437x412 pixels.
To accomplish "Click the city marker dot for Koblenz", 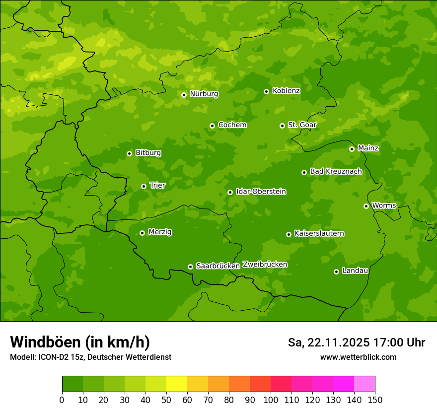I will coord(267,91).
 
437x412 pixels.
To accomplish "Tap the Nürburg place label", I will coord(204,94).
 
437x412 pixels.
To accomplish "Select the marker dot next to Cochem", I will coord(213,126).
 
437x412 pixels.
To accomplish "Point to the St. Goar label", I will coord(302,125).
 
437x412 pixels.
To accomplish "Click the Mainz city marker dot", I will coord(352,149).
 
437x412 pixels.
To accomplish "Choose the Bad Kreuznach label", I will coord(336,171).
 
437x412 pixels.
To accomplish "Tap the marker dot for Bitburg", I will coord(130,153).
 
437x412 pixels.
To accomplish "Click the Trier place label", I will coord(157,185).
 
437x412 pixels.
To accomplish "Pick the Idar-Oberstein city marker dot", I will coord(230,192).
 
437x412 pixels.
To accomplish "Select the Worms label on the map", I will coord(384,205).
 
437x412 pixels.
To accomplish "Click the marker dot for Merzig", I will coord(143,233).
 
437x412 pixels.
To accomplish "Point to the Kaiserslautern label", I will coord(319,233).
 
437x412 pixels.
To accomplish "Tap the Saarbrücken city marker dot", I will coord(191,267).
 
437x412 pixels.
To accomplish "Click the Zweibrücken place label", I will coord(265,265).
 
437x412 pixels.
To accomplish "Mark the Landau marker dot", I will coord(337,272).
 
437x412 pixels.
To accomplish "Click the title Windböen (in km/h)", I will coord(80,342).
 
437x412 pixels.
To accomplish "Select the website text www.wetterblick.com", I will coord(359,357).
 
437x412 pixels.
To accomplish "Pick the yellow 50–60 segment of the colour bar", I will coord(177,384).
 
